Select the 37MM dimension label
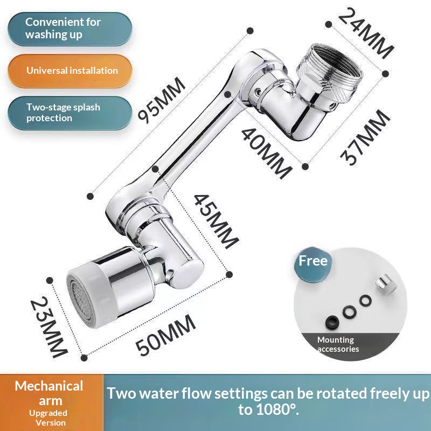point(366,137)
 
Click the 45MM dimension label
point(215,221)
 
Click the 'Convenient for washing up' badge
point(70,28)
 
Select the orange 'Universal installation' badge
point(70,71)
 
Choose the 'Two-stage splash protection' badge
point(70,113)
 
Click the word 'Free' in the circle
point(314,261)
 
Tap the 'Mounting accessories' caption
point(338,344)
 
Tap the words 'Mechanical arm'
point(49,393)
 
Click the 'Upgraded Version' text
point(49,418)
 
